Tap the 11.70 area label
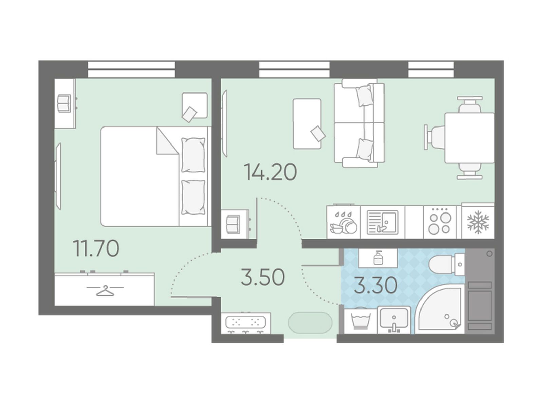tap(96, 249)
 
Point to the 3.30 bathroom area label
tap(376, 285)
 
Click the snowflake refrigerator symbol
tap(478, 222)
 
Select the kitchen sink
tap(382, 222)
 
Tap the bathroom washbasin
tap(394, 320)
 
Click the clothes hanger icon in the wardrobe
tap(105, 291)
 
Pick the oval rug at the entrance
tap(310, 323)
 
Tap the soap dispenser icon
tap(377, 258)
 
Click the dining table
tap(469, 138)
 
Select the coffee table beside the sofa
tap(307, 124)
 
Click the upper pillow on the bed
tap(193, 155)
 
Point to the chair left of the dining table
tap(434, 137)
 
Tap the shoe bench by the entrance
tap(246, 323)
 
